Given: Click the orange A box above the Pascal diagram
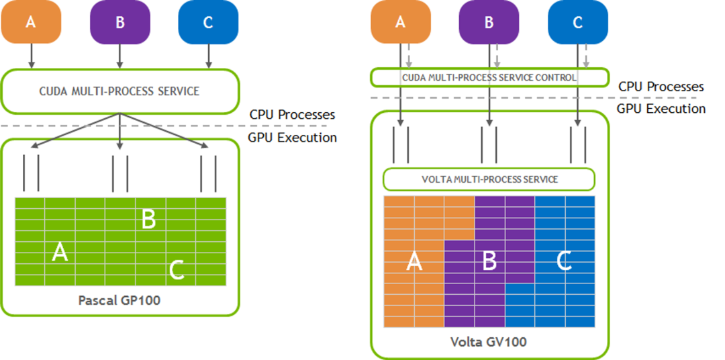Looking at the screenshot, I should [x=31, y=22].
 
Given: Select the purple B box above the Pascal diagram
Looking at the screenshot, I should [x=119, y=22].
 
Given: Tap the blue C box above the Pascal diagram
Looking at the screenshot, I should [x=207, y=22].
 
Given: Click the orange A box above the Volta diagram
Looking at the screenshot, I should [x=401, y=22].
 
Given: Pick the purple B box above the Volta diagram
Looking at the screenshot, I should [x=489, y=22].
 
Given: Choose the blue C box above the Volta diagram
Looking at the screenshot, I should [x=577, y=22].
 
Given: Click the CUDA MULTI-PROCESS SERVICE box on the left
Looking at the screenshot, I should [x=120, y=91].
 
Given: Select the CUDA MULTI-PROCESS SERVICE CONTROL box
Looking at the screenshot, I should [x=489, y=77].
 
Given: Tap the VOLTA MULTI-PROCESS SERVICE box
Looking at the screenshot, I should [x=489, y=179].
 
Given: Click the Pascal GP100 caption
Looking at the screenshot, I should [x=119, y=300].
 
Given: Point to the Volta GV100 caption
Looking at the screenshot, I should [x=489, y=342].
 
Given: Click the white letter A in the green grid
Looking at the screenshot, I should [x=60, y=253].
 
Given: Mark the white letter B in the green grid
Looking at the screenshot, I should [x=149, y=218].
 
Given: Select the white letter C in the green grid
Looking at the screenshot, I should [x=177, y=270].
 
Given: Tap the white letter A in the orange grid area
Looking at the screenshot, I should [x=414, y=262].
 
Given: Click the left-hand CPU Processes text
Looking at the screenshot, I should [x=292, y=115].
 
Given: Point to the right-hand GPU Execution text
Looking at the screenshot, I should [x=661, y=109].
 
